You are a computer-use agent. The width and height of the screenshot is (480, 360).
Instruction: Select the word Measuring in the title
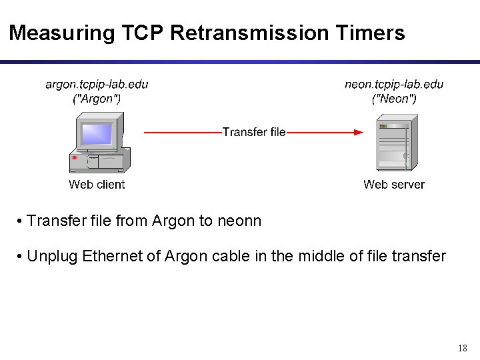click(x=53, y=33)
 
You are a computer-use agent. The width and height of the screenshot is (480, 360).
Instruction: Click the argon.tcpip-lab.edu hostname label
click(x=97, y=85)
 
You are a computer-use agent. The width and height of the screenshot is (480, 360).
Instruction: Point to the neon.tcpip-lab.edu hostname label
click(x=393, y=85)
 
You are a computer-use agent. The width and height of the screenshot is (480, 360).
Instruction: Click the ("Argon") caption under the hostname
click(x=97, y=99)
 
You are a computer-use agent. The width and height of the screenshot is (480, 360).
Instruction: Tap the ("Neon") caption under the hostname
click(x=393, y=99)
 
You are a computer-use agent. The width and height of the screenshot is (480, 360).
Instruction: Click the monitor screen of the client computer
click(x=95, y=135)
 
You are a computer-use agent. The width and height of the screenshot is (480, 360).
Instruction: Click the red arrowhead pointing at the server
click(x=358, y=133)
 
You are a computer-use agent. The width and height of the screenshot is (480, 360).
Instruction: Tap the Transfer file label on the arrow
click(x=254, y=132)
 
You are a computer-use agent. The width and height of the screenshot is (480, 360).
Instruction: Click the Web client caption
click(x=97, y=185)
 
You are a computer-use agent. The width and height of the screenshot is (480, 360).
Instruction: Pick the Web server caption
click(x=393, y=185)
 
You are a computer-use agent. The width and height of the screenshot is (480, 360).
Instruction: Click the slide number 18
click(x=463, y=348)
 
